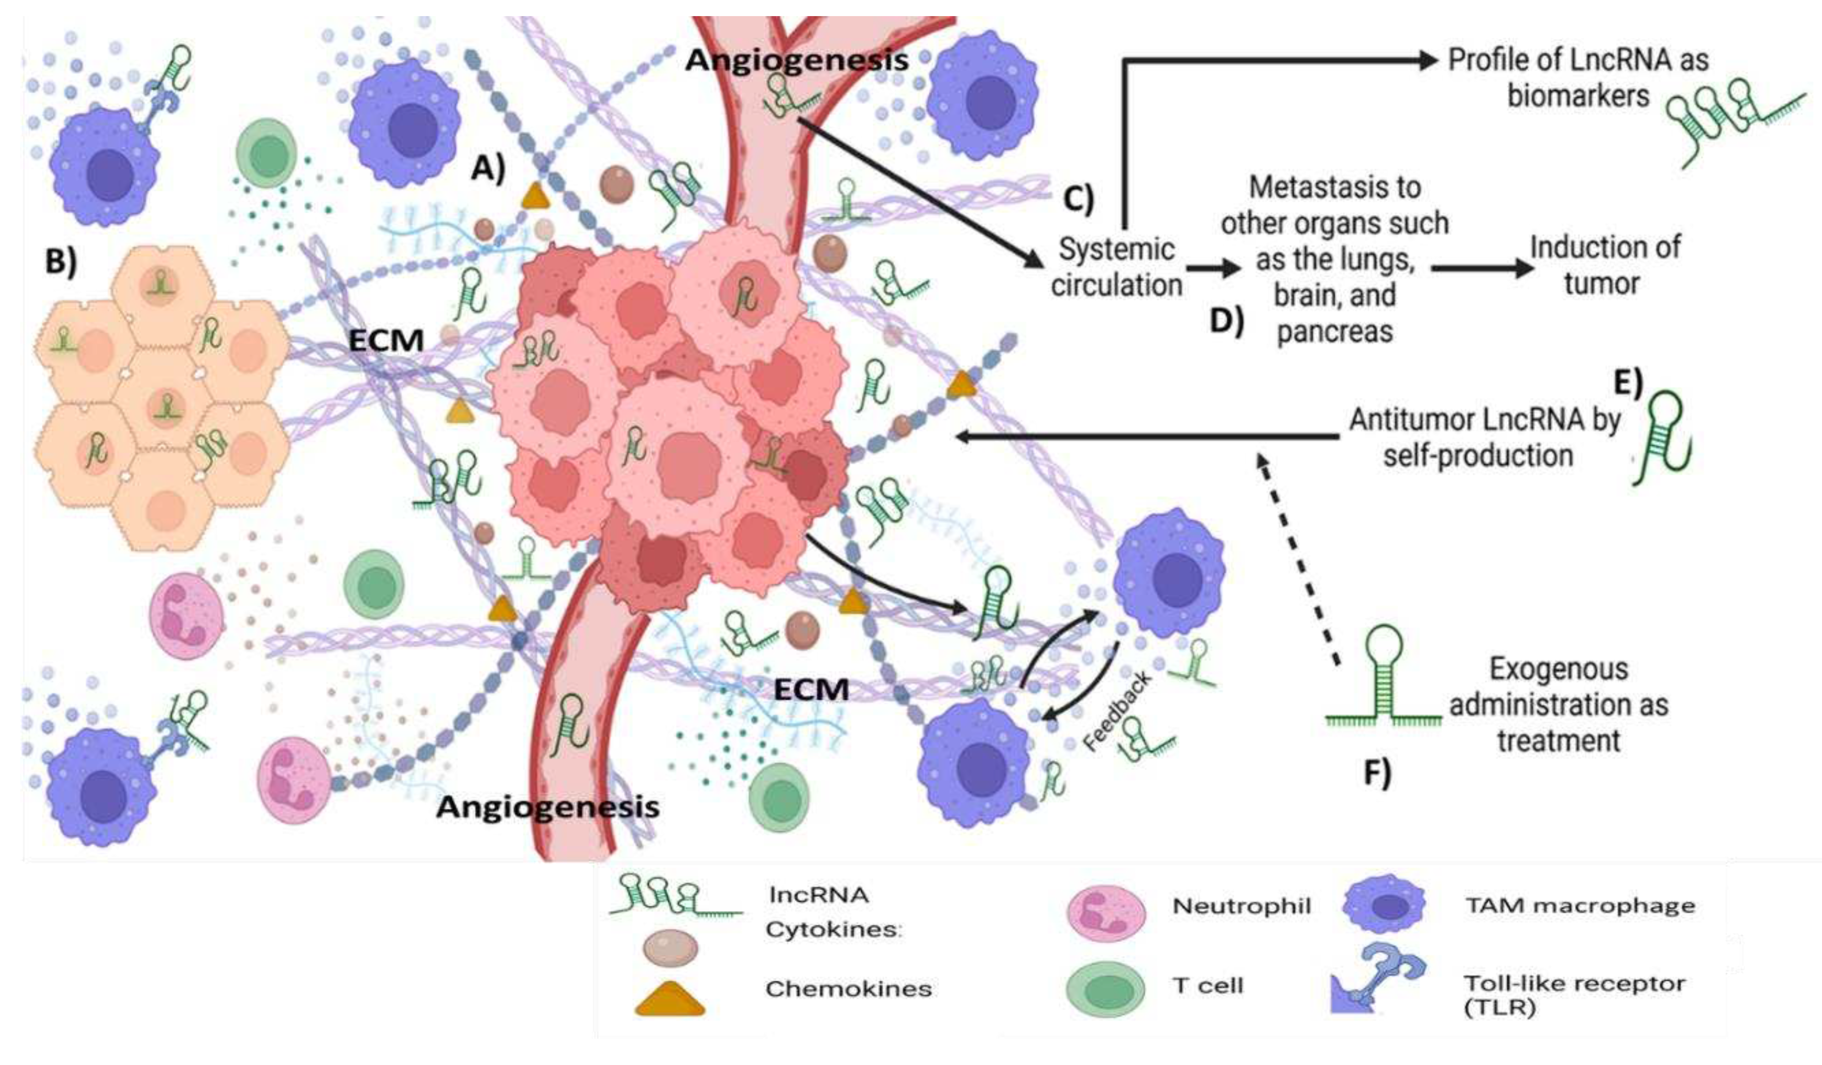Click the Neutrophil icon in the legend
click(1106, 913)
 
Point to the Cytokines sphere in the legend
click(670, 948)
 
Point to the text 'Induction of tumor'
click(1604, 265)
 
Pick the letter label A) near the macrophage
click(488, 169)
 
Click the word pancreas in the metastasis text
click(1335, 331)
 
